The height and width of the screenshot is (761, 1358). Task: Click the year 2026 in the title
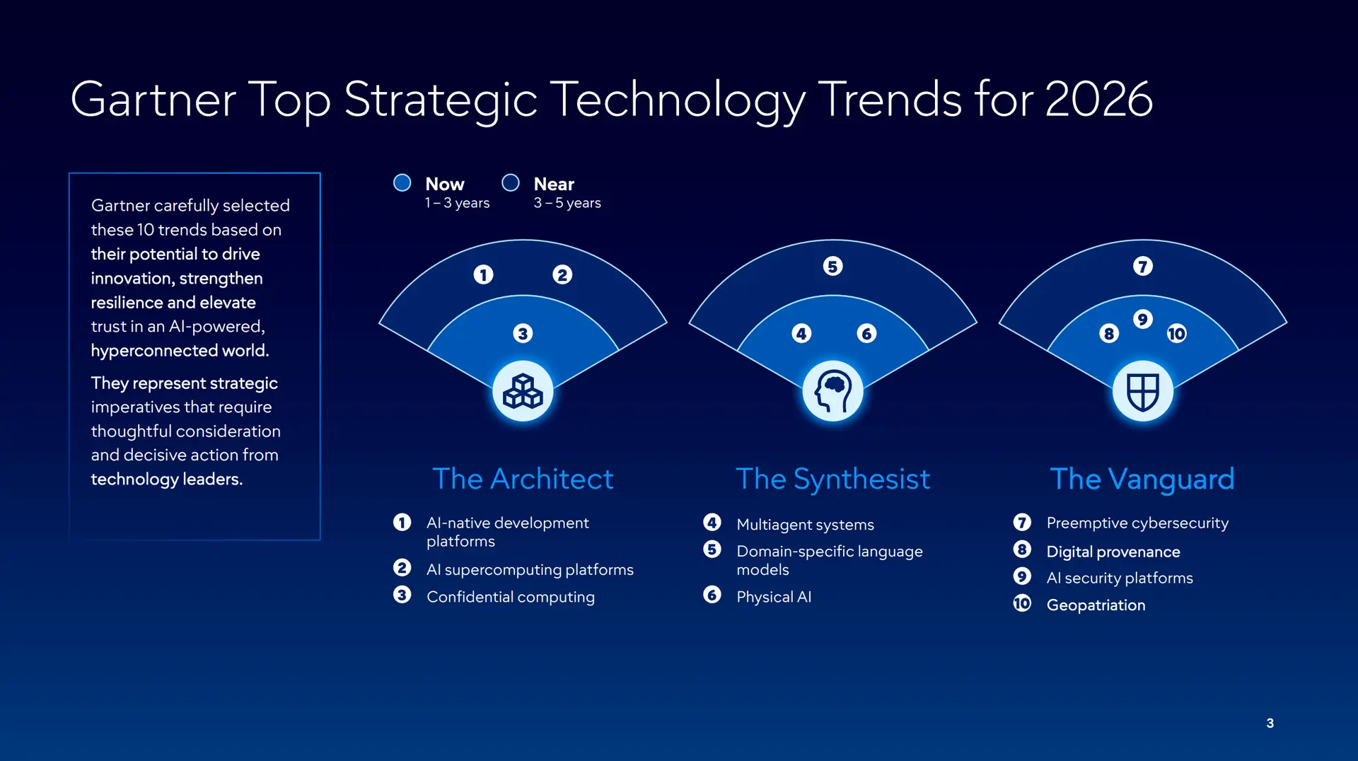(x=1098, y=99)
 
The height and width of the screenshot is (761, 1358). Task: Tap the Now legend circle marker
(x=402, y=183)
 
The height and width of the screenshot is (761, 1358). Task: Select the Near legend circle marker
(x=511, y=183)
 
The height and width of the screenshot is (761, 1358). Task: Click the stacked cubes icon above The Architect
(x=523, y=391)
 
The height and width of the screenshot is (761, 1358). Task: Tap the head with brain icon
(x=832, y=391)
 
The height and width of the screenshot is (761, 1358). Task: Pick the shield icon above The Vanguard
(x=1142, y=391)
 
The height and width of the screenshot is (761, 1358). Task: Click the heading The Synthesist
(x=832, y=479)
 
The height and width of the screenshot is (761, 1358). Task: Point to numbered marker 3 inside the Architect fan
(x=523, y=333)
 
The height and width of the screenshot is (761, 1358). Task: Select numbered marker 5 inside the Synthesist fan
(x=832, y=267)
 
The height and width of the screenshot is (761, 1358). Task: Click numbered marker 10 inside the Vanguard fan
(x=1176, y=334)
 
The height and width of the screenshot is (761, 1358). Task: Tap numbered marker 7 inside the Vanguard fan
(x=1142, y=267)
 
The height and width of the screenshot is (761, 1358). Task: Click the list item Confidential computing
(x=510, y=597)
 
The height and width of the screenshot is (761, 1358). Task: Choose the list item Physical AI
(x=774, y=597)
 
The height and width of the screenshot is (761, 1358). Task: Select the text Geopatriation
(x=1096, y=605)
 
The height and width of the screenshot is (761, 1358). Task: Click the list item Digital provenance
(x=1113, y=552)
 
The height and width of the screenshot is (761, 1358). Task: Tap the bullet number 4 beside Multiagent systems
(x=712, y=523)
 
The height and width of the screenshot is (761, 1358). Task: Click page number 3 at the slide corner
(x=1270, y=723)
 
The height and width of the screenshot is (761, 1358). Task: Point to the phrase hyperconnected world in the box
(x=180, y=351)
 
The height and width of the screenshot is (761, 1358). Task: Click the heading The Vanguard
(x=1142, y=479)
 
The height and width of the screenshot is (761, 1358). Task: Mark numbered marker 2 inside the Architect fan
(x=562, y=274)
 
